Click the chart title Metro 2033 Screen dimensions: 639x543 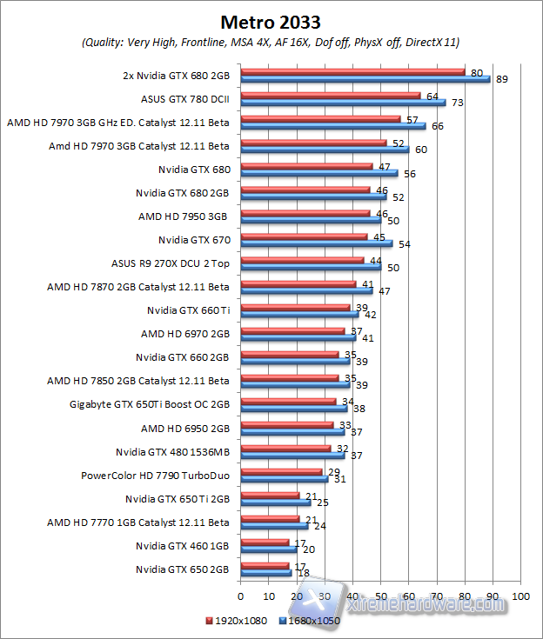271,20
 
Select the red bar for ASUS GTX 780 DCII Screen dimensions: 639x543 331,96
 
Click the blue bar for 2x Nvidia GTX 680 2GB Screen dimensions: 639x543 365,79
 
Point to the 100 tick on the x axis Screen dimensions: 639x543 520,596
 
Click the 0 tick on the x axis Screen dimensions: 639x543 240,596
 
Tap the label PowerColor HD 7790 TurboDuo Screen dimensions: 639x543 155,476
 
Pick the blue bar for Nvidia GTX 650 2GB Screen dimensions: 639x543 265,574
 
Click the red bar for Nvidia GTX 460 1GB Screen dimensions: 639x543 265,542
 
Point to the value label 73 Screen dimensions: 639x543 455,103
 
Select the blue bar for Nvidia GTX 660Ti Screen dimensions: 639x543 299,314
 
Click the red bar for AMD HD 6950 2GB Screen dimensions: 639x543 286,425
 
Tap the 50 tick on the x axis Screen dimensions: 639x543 380,596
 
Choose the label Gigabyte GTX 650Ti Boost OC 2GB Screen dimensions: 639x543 150,404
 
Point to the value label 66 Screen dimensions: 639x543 436,127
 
